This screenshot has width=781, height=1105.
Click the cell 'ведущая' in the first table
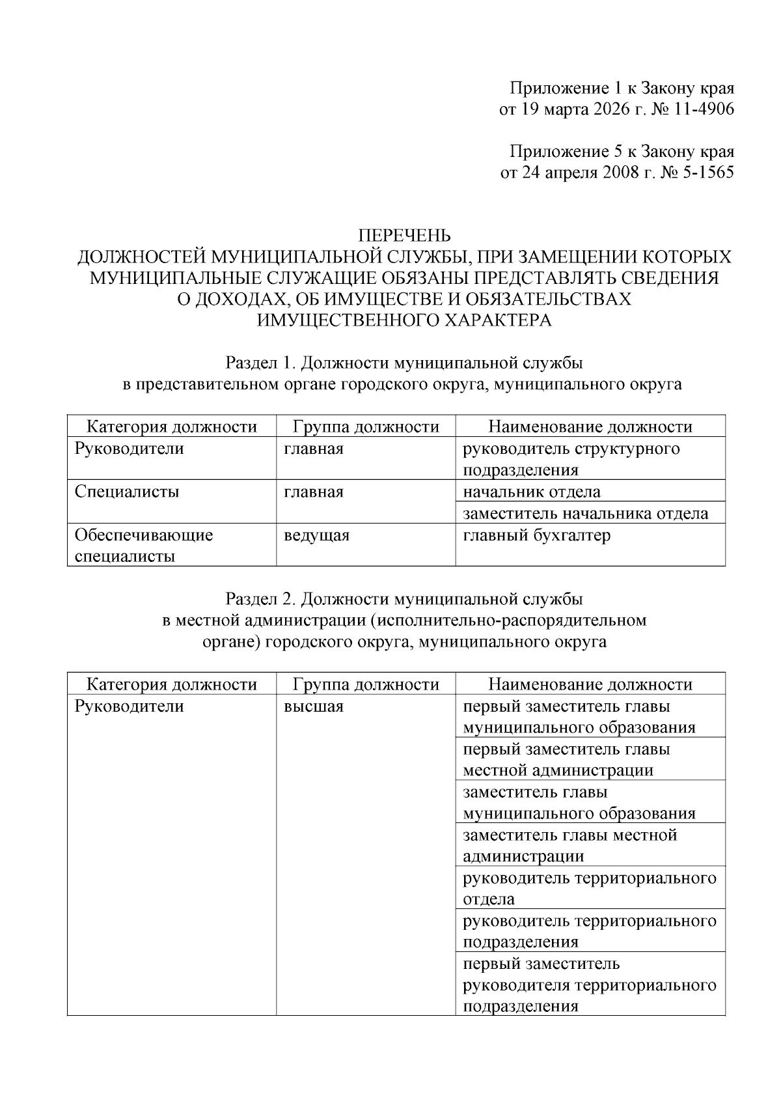coord(316,535)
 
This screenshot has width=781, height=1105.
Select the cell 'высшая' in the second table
coord(313,706)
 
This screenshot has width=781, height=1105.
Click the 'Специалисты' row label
coord(127,492)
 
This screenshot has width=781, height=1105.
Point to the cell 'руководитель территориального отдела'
coord(589,888)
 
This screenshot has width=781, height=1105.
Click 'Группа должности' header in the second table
coord(366,684)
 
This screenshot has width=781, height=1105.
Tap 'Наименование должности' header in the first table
coord(590,427)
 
